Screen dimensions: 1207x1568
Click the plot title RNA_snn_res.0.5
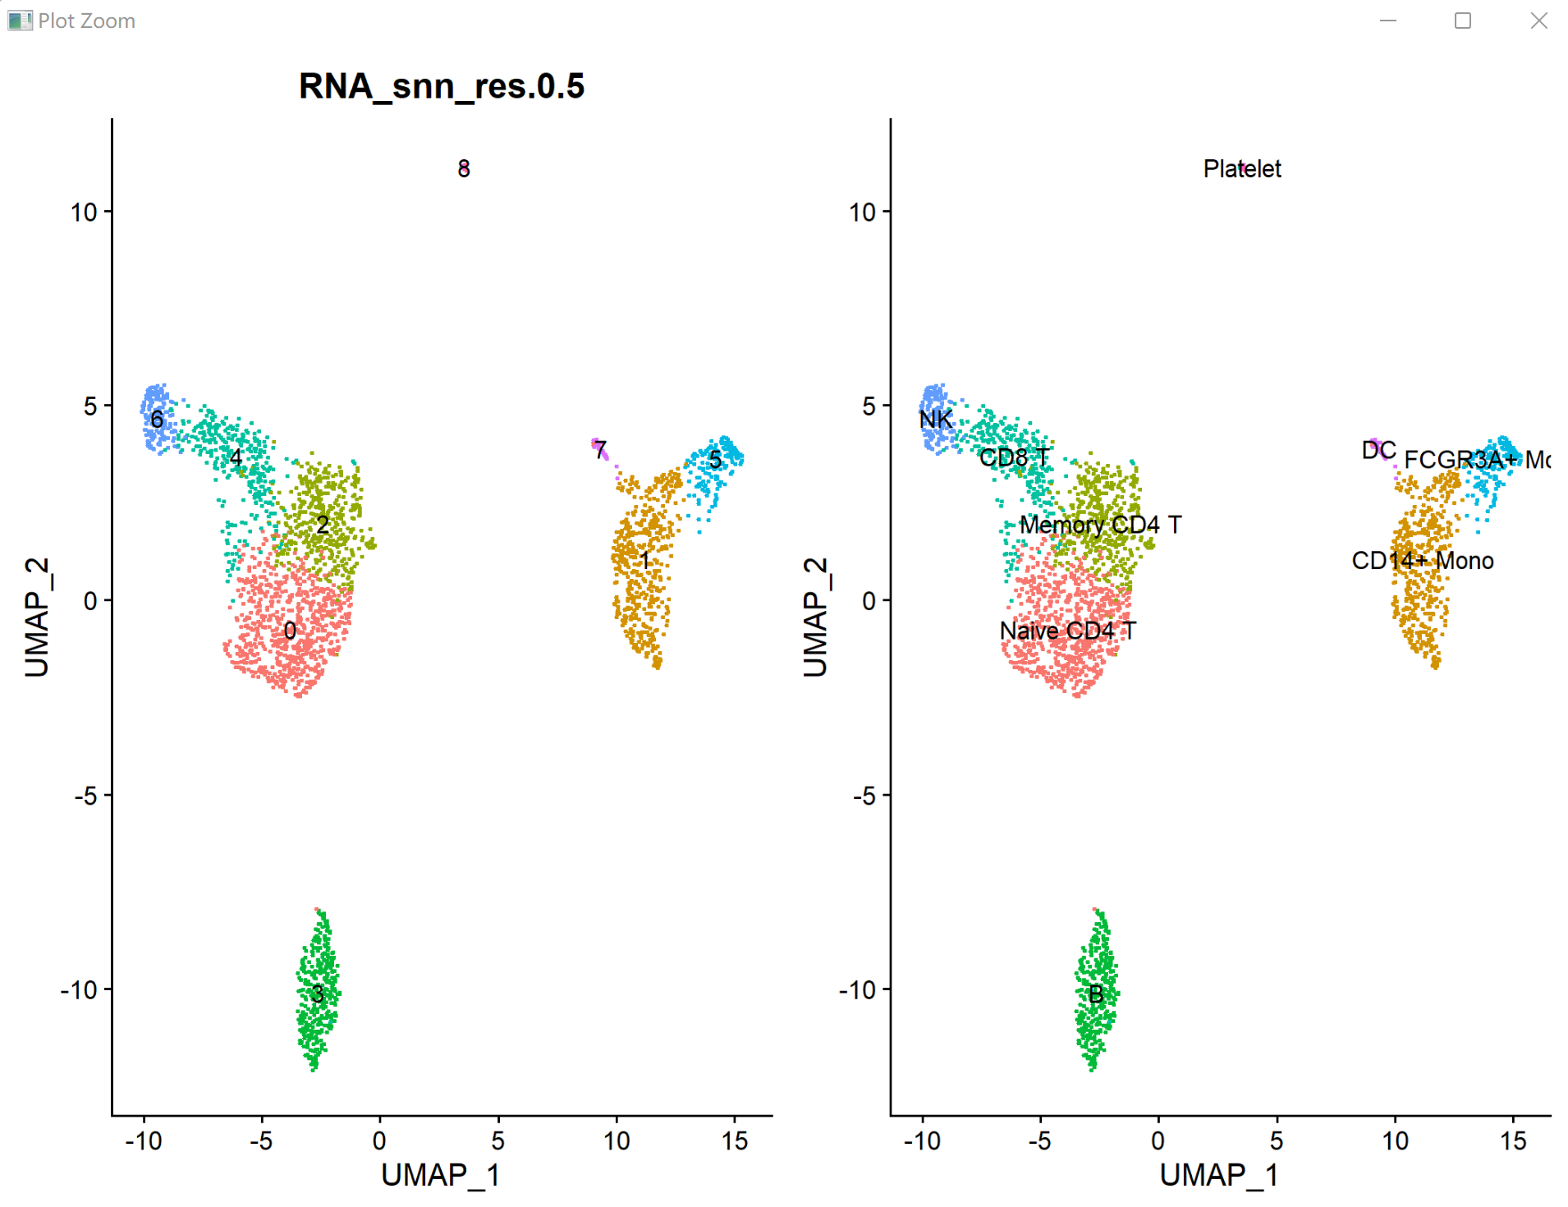[441, 86]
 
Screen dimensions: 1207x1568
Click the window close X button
[1538, 21]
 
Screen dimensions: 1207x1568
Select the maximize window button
[1462, 21]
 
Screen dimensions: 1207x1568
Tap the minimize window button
[1387, 21]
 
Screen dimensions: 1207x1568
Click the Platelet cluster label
[1241, 168]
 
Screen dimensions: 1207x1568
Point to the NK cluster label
[935, 420]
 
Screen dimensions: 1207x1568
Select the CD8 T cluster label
[1014, 457]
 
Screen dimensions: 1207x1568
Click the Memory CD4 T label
[1099, 525]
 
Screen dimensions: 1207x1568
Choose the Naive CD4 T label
[1067, 631]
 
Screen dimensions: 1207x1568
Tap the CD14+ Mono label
[1422, 561]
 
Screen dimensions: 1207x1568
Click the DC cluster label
[1378, 450]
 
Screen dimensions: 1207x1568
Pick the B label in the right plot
[1095, 994]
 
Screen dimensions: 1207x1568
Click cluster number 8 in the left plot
[464, 168]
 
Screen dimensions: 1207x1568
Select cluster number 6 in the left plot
[157, 420]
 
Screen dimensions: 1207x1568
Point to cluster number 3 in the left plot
[317, 994]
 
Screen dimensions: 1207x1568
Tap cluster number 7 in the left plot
[600, 450]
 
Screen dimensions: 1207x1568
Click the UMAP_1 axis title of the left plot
[440, 1175]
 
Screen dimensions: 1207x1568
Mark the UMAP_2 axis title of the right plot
[815, 617]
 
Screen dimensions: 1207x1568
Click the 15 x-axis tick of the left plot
[735, 1140]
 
